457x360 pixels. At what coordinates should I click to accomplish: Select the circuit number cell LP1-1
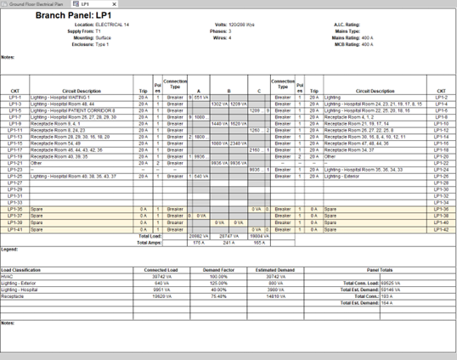(x=15, y=98)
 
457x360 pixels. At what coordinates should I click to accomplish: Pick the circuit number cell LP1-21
(x=15, y=163)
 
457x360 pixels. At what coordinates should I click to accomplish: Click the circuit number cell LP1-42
(x=442, y=228)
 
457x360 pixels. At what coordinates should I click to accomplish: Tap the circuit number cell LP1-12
(x=442, y=130)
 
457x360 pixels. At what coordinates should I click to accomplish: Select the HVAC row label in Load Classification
(x=8, y=276)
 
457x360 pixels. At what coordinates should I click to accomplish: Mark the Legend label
(x=9, y=250)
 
